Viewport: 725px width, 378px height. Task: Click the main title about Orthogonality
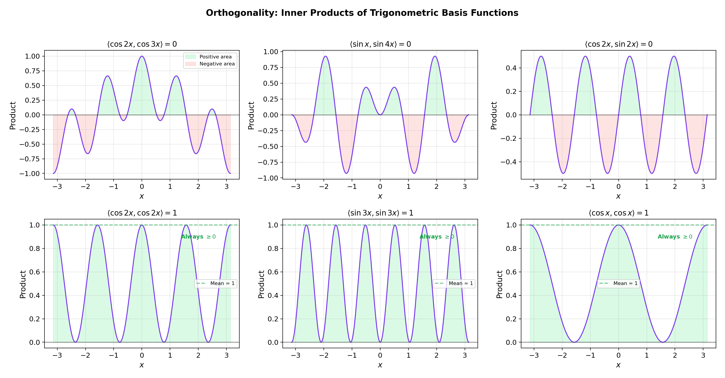point(362,13)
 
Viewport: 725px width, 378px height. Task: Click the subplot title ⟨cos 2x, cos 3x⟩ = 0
point(142,44)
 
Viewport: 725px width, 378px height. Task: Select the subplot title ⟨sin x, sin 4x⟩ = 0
point(380,44)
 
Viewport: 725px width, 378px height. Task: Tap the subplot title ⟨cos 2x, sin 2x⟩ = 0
point(618,44)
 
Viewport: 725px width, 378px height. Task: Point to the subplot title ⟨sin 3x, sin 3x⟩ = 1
point(380,213)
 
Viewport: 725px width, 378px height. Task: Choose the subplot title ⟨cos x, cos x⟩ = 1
point(618,213)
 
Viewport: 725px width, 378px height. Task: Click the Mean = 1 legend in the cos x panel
point(618,283)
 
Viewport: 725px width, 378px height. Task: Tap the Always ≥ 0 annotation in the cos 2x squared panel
point(198,237)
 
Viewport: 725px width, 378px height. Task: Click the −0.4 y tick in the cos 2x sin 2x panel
point(508,162)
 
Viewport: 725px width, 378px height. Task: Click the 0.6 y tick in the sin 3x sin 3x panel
point(273,272)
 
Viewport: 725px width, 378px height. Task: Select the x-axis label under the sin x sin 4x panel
point(380,196)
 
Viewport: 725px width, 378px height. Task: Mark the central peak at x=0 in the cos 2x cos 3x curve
point(142,57)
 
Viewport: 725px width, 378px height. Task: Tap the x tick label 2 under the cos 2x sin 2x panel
point(675,186)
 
